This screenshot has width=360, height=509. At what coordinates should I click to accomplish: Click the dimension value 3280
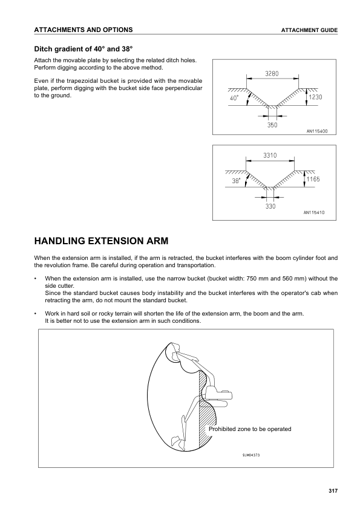(272, 74)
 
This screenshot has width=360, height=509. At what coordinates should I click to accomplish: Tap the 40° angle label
(234, 97)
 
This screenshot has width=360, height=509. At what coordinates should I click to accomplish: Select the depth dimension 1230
(315, 97)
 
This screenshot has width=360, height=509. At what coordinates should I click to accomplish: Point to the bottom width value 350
(272, 125)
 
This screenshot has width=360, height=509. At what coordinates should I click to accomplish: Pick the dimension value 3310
(270, 155)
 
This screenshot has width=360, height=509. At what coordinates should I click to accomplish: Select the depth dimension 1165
(313, 179)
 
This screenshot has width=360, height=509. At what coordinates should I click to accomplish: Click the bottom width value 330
(270, 207)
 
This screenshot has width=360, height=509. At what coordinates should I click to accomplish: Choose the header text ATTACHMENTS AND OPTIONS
(83, 29)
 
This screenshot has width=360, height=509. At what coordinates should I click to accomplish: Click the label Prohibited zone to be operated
(250, 429)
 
